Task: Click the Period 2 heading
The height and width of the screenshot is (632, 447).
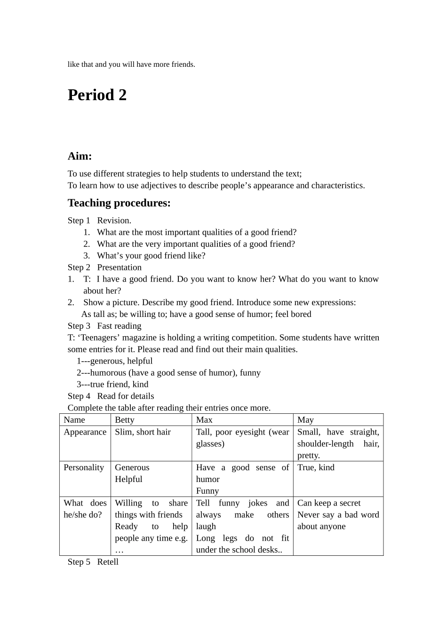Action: [x=97, y=95]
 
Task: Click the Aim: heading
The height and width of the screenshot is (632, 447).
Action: [x=80, y=156]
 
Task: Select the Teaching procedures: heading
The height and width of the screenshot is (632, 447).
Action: [x=119, y=203]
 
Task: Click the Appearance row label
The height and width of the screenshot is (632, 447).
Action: [x=85, y=432]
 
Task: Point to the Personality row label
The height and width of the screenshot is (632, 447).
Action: [x=84, y=467]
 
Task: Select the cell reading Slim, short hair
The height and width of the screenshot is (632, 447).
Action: [x=143, y=432]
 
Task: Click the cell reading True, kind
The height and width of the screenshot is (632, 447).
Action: [x=316, y=467]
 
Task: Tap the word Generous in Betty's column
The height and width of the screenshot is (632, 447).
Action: [x=132, y=467]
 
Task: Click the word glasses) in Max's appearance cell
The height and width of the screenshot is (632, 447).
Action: [x=210, y=444]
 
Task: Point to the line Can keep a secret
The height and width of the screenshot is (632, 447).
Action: [x=328, y=503]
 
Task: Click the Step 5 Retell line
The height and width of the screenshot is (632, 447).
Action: [x=93, y=562]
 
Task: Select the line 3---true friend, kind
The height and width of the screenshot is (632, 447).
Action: [x=112, y=385]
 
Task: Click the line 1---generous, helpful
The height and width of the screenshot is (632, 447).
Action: [x=114, y=361]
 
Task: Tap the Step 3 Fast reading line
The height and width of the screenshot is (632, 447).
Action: [x=104, y=326]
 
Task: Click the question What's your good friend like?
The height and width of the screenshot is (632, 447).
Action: [x=151, y=256]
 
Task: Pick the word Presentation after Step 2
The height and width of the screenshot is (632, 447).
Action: [x=119, y=268]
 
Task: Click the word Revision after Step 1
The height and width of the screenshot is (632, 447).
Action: [x=114, y=221]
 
